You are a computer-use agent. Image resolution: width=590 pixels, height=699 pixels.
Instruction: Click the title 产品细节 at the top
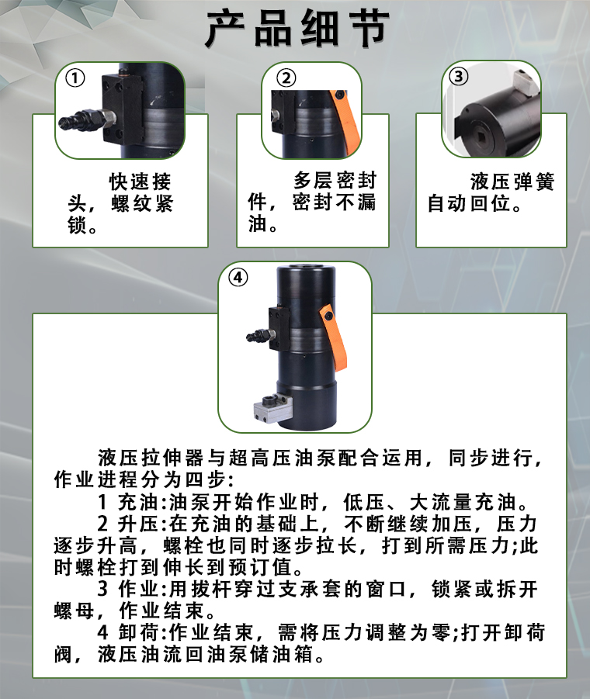click(x=297, y=29)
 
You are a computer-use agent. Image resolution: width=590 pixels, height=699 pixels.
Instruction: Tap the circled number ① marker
click(x=75, y=78)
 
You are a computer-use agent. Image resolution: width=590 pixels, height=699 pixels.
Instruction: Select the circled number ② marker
click(x=286, y=78)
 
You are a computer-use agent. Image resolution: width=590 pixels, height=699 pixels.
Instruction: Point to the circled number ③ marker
click(x=459, y=76)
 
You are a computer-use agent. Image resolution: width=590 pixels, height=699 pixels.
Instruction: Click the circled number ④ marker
click(x=238, y=277)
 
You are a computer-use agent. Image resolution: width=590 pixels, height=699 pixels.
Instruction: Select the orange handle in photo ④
click(x=333, y=337)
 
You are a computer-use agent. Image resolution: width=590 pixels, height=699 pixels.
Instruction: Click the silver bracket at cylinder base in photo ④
click(x=272, y=408)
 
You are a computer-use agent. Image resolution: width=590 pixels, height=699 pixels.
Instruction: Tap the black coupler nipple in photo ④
click(x=257, y=336)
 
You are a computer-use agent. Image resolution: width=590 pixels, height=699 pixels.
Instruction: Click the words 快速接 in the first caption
click(x=141, y=182)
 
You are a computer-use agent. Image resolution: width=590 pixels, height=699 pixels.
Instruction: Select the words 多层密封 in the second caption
click(x=335, y=181)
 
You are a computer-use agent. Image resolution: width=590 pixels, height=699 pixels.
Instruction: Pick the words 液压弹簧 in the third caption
click(x=512, y=182)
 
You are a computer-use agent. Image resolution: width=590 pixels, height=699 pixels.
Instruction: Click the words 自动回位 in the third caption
click(x=469, y=204)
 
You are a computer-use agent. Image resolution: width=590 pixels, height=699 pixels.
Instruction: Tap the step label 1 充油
click(x=128, y=503)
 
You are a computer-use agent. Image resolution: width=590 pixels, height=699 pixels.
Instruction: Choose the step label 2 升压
click(x=128, y=524)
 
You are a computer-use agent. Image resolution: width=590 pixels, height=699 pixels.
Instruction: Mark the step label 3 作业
click(x=128, y=590)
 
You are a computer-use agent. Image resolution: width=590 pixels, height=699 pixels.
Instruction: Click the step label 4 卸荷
click(x=128, y=632)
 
